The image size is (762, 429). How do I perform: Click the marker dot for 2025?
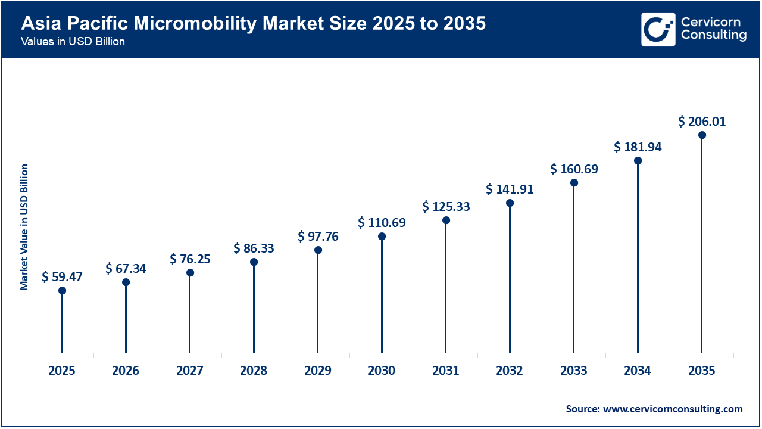[62, 291]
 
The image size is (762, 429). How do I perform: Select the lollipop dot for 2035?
[702, 135]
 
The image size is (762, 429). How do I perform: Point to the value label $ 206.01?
[702, 122]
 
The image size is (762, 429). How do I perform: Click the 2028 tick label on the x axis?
[254, 371]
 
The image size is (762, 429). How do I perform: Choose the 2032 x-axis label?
[510, 371]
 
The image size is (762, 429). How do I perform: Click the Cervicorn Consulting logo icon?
[658, 29]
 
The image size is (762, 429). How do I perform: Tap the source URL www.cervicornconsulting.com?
[673, 409]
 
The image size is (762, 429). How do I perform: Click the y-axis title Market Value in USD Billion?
[24, 227]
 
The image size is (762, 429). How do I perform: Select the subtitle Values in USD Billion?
[73, 42]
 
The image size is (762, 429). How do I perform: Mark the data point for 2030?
[382, 237]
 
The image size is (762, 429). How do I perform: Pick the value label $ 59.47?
[62, 277]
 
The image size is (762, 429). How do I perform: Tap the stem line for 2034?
[638, 262]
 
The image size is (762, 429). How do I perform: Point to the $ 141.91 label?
[510, 189]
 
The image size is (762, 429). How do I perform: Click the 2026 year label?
[126, 371]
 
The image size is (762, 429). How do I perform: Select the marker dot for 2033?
[574, 183]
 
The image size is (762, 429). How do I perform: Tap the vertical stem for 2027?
[190, 316]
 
